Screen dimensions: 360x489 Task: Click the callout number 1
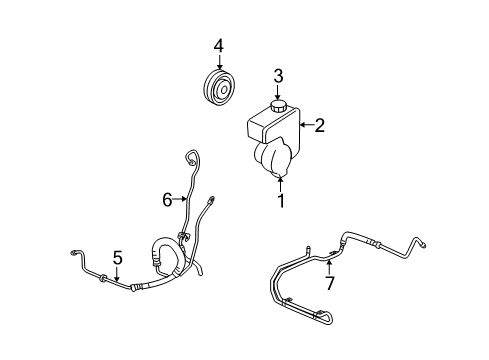coord(281,201)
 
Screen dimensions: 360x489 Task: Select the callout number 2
coord(320,125)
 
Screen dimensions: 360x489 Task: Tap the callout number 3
coord(279,75)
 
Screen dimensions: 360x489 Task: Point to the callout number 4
coord(217,46)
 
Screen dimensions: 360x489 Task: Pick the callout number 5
coord(117,257)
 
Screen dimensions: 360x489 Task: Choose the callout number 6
coord(167,199)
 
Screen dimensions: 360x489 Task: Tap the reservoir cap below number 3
coord(279,104)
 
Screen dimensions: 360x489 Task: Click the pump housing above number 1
coord(276,160)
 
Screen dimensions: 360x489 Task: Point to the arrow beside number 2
coord(304,125)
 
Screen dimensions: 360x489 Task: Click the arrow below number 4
coord(217,64)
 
